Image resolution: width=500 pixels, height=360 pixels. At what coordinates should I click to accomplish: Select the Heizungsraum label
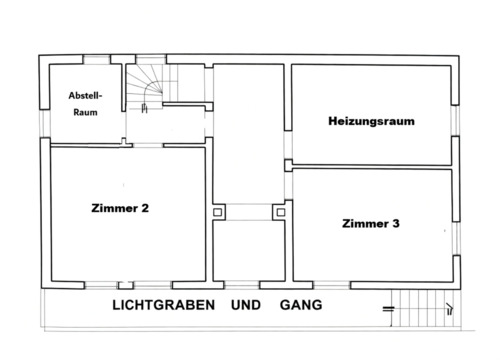371,121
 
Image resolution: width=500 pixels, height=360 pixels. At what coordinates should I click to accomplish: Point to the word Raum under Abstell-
85,112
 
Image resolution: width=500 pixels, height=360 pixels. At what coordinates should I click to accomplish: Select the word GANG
301,305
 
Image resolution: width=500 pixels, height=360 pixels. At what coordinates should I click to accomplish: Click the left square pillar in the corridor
219,212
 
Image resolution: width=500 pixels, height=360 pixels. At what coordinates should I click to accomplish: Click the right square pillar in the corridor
279,212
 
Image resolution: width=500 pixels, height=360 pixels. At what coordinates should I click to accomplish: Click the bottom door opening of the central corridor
249,283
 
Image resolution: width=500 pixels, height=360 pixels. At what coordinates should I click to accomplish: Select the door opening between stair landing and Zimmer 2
146,143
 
